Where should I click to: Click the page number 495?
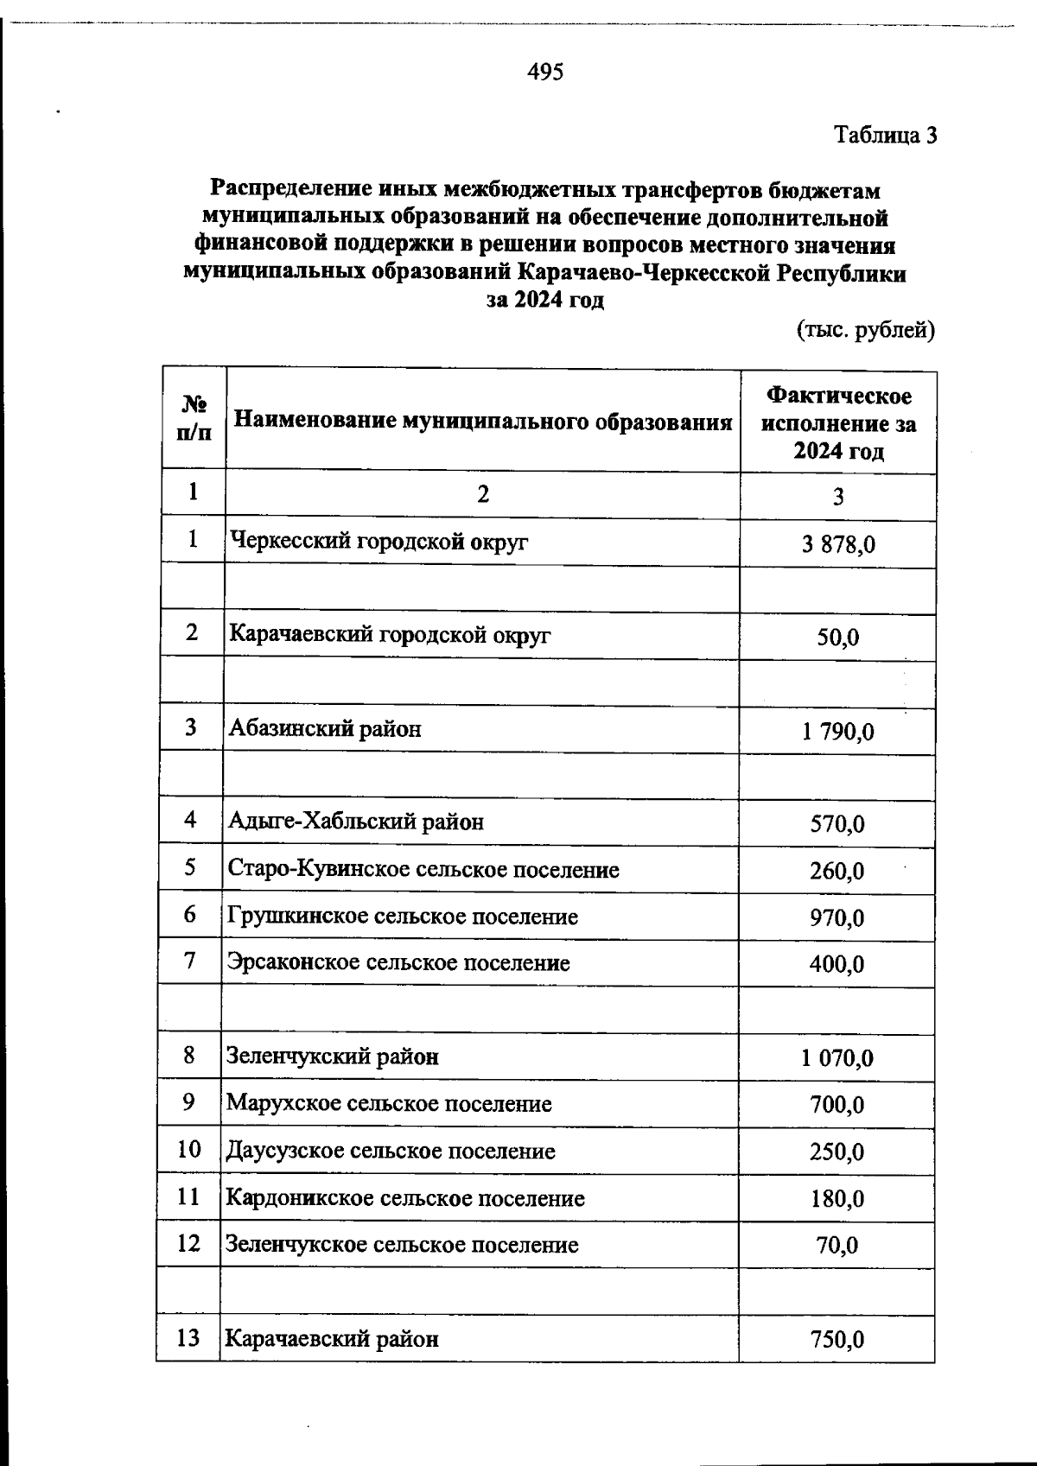click(x=545, y=72)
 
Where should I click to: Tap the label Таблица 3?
click(x=885, y=136)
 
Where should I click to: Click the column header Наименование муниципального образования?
click(x=483, y=422)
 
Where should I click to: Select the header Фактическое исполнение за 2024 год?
click(x=838, y=423)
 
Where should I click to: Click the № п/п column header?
click(x=194, y=418)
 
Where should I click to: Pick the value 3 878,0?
click(x=837, y=545)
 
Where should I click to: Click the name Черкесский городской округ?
click(x=379, y=543)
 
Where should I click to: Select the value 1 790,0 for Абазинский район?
click(x=837, y=733)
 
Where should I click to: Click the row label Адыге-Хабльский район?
click(x=356, y=822)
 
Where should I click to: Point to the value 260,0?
click(x=837, y=871)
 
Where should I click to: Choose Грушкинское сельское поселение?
click(x=403, y=917)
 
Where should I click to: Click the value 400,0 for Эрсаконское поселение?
click(x=837, y=964)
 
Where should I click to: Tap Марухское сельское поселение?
click(x=389, y=1104)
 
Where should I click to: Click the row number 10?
click(x=188, y=1150)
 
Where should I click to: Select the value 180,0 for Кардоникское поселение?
click(x=837, y=1199)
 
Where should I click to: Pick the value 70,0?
click(x=837, y=1246)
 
